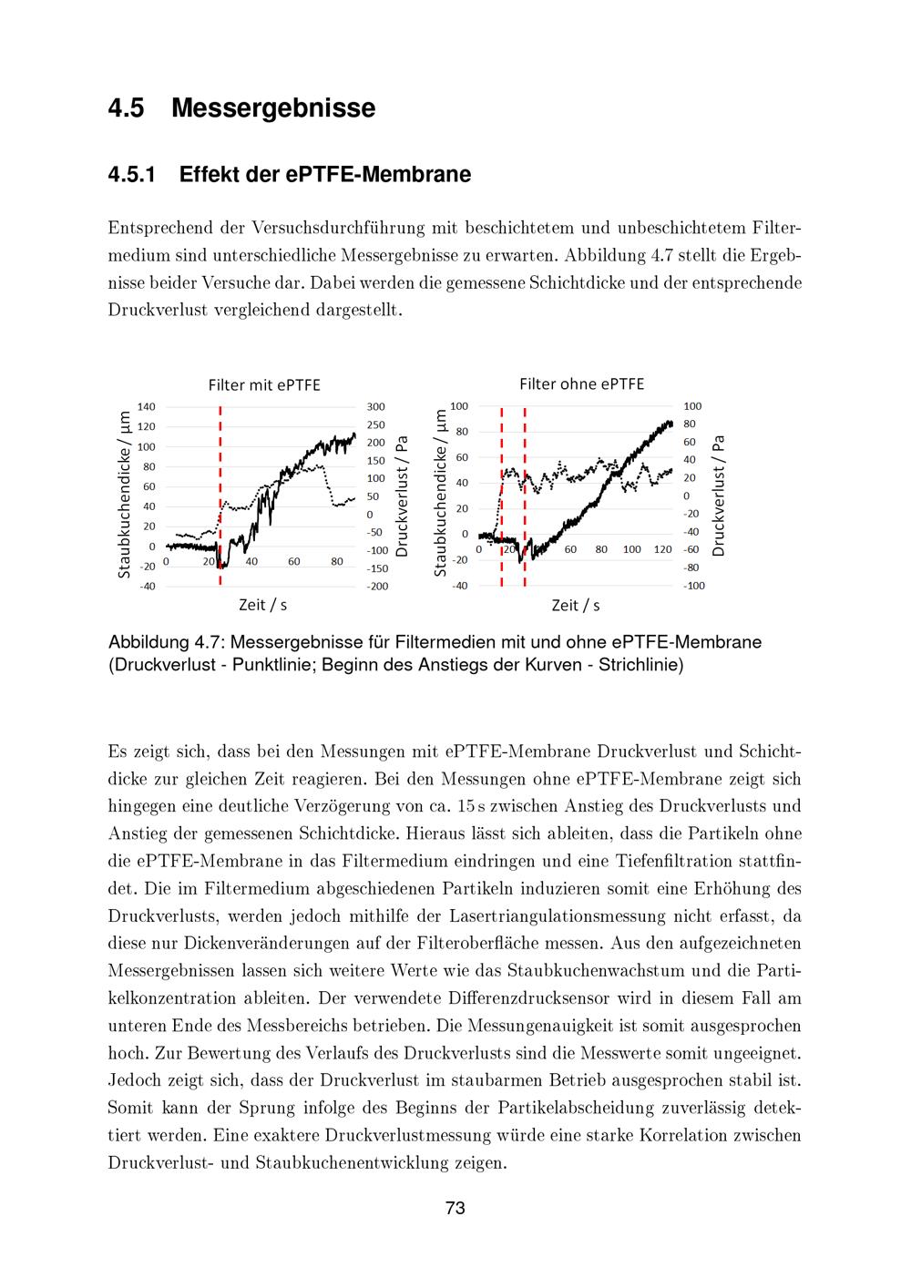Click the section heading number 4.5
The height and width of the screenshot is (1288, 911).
click(x=126, y=108)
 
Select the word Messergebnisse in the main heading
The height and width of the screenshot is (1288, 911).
click(x=273, y=108)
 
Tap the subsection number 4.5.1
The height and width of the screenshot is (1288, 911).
click(x=132, y=174)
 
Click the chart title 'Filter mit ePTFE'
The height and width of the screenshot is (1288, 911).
click(x=264, y=384)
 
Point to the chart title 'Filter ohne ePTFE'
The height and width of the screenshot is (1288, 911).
click(x=581, y=383)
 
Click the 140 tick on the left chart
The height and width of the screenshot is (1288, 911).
click(x=147, y=406)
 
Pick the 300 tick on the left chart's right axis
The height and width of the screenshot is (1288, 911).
click(x=376, y=406)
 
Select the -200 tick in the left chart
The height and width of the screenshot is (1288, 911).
click(x=376, y=586)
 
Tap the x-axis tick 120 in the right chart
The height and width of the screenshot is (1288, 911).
click(x=662, y=549)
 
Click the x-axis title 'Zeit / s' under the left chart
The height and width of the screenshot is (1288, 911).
click(x=263, y=605)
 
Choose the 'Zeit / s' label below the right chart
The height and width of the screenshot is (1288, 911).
click(x=576, y=606)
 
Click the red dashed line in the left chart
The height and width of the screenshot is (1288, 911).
click(x=220, y=483)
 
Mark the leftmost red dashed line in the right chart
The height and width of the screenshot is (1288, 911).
click(x=502, y=492)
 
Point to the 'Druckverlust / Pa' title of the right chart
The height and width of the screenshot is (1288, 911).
click(x=719, y=496)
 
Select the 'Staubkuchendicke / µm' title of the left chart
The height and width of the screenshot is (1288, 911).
click(x=125, y=494)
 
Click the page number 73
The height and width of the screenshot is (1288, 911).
click(x=455, y=1208)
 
